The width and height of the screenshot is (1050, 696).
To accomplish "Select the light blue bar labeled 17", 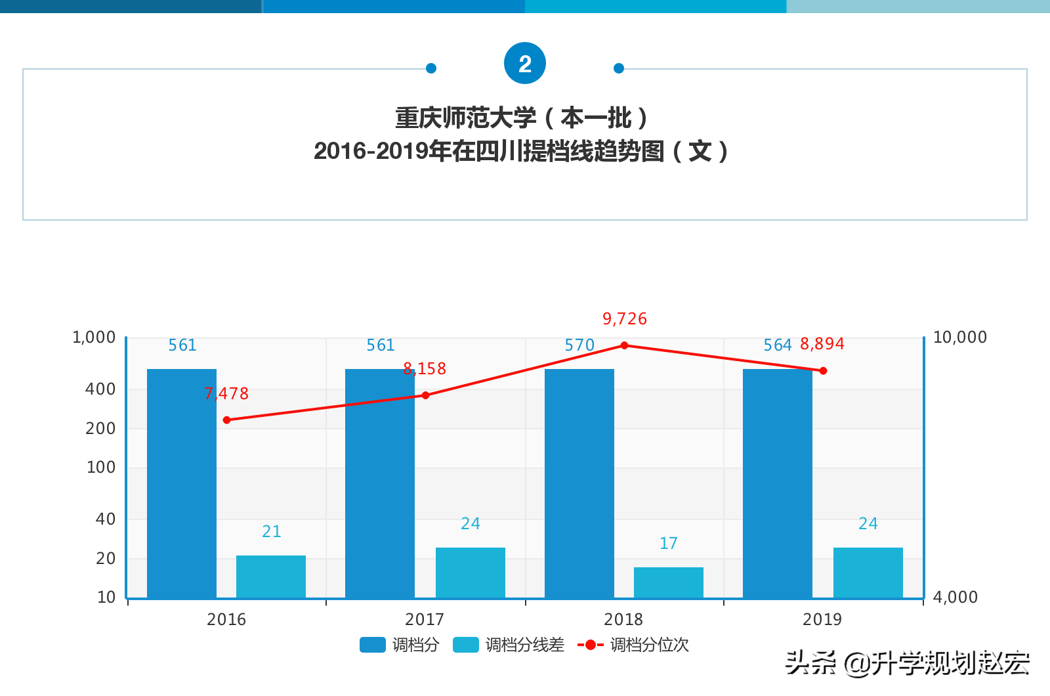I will point(668,582).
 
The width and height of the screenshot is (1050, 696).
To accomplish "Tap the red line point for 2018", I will point(624,345).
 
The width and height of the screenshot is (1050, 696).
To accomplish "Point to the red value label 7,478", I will point(226,393).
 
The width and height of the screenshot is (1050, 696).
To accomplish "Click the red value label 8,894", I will point(822,344).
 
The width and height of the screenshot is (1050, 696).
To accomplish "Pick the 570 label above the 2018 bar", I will point(579,345).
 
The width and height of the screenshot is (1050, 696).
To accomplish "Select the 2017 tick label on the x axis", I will point(425,619).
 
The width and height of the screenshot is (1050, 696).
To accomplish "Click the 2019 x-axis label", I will point(822,619).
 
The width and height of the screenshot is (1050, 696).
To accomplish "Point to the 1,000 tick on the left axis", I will point(94,337).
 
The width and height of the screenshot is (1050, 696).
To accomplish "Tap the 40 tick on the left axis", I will point(105,519).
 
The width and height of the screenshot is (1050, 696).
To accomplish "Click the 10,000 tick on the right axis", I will point(959,337).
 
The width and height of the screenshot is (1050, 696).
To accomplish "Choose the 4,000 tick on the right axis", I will point(955,597).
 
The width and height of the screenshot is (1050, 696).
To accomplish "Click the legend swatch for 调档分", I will point(372,645).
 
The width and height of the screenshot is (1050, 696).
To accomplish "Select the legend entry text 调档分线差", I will point(524,645).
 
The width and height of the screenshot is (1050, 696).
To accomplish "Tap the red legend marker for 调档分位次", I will point(590,645).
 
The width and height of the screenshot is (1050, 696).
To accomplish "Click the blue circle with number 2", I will point(525,64).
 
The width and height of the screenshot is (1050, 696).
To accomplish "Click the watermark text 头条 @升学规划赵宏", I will point(907,663).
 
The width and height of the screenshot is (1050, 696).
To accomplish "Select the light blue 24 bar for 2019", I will point(868,573).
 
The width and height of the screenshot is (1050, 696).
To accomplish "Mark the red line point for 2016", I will point(227,420).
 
